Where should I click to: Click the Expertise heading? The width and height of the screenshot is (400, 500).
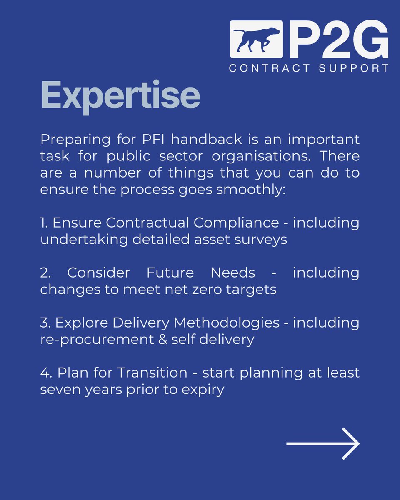pyautogui.click(x=120, y=96)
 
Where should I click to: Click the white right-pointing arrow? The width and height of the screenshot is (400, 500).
pyautogui.click(x=323, y=444)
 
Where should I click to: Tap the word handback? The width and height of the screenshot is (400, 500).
pyautogui.click(x=199, y=140)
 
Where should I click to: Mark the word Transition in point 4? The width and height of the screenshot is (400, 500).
pyautogui.click(x=152, y=373)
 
